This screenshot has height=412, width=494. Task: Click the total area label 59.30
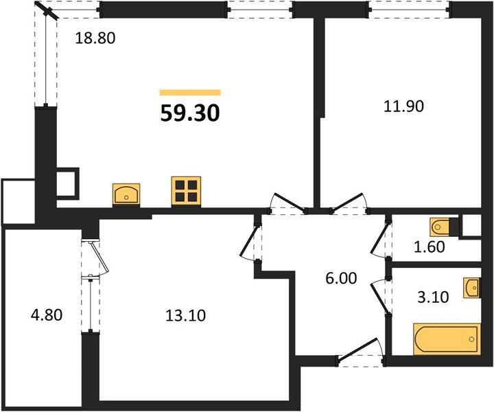190,113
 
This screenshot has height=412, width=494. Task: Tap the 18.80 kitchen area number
95,38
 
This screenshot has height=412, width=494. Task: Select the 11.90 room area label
403,106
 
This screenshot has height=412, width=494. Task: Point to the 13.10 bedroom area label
185,316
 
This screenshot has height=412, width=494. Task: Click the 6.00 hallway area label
341,278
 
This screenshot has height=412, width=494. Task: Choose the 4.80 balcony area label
47,315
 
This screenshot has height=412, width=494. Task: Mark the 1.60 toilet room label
429,247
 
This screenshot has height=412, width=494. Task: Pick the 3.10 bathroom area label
433,297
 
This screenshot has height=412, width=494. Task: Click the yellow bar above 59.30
190,93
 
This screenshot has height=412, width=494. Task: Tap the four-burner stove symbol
186,192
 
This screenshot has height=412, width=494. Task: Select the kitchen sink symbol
126,195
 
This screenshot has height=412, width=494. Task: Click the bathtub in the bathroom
447,339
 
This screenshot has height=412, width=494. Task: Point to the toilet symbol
440,227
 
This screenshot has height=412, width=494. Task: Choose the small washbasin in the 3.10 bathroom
471,287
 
